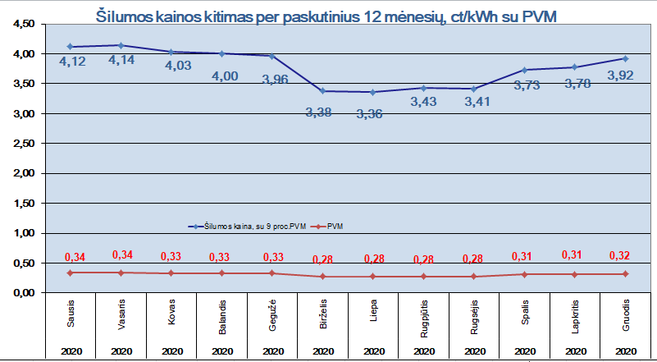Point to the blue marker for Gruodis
click(x=625, y=58)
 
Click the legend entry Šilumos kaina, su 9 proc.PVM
click(x=245, y=225)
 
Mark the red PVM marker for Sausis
click(x=71, y=273)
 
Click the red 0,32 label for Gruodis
click(x=623, y=255)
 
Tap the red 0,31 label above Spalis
click(x=523, y=256)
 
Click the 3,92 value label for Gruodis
click(x=621, y=75)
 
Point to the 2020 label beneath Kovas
click(x=172, y=352)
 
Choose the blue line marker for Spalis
click(x=524, y=70)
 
